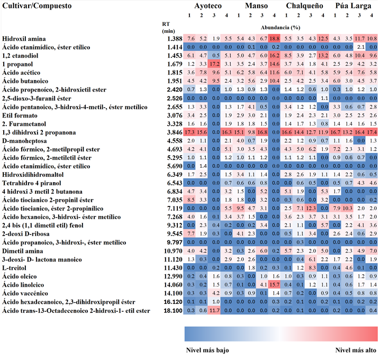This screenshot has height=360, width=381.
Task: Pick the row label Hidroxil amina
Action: (24, 39)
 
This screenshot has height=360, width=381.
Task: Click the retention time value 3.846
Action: (174, 131)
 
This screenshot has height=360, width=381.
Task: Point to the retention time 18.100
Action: (173, 310)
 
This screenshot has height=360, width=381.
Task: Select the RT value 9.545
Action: (174, 233)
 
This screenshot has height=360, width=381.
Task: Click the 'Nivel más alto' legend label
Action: (356, 350)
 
